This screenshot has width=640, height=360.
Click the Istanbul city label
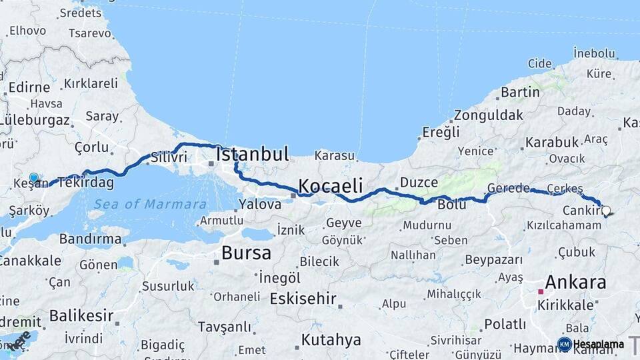253,155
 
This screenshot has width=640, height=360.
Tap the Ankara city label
575,282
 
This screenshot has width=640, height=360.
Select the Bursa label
246,253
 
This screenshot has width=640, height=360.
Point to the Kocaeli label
330,186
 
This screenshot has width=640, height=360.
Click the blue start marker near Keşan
34,177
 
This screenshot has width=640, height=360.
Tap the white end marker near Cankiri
605,211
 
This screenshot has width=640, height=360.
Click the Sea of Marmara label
149,204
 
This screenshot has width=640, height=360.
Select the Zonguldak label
489,115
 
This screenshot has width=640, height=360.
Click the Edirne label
29,87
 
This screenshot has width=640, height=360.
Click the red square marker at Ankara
541,291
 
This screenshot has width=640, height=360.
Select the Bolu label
451,205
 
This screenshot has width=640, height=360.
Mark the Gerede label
508,188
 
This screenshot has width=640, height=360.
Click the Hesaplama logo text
598,344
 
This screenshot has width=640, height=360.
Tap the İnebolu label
594,53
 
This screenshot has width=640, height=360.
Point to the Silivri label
169,157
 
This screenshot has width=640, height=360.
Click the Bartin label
520,92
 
